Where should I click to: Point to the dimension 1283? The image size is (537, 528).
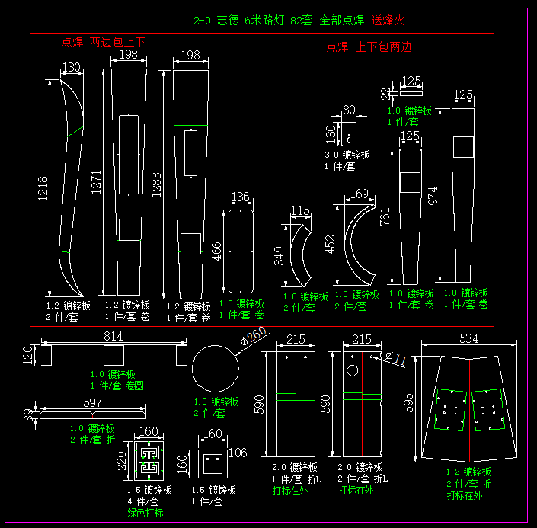click(x=158, y=184)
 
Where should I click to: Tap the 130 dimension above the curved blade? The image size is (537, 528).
click(x=71, y=68)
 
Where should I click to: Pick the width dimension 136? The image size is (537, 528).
click(x=240, y=198)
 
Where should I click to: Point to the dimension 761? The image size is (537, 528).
click(x=385, y=216)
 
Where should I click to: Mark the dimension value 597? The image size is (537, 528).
click(x=92, y=402)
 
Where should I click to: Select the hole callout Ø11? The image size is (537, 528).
click(x=395, y=355)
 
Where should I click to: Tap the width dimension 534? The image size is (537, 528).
click(x=469, y=338)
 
